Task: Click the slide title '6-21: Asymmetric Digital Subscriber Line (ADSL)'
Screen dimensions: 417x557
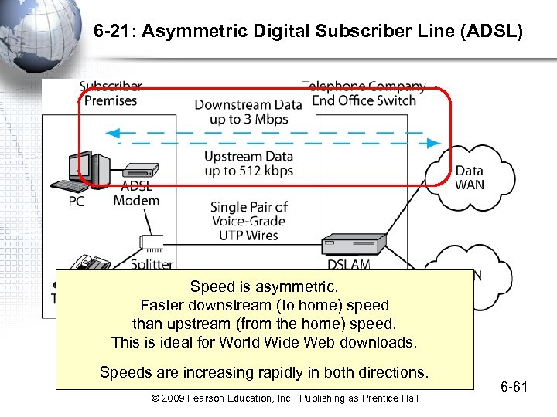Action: point(308,33)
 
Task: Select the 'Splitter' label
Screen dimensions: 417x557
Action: point(152,263)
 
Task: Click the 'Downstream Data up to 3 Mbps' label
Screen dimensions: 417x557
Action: point(248,112)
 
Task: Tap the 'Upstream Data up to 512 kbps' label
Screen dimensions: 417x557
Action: point(248,164)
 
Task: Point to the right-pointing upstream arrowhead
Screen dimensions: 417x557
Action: point(434,143)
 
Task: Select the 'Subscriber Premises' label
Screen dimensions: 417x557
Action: point(111,94)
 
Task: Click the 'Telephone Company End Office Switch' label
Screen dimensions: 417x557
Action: point(364,93)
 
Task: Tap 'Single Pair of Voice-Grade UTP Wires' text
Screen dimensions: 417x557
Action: point(248,220)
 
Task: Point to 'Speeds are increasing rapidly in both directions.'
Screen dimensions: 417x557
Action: point(264,372)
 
